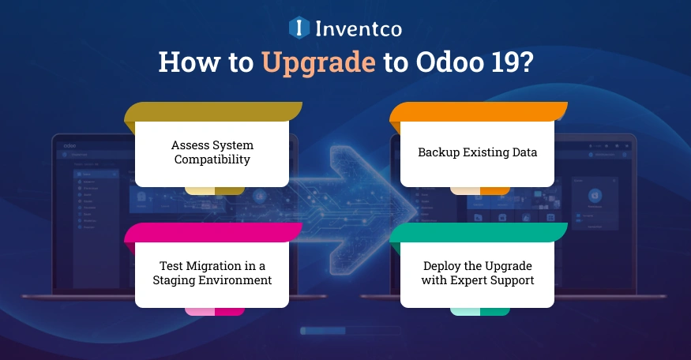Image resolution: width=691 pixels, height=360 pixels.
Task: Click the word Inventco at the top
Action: [359, 29]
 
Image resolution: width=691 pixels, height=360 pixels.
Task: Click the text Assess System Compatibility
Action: [212, 152]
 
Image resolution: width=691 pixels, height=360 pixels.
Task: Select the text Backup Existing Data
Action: [477, 152]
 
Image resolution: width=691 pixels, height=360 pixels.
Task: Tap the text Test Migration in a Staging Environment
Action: [212, 273]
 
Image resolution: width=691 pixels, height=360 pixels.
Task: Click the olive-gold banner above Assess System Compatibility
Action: [213, 111]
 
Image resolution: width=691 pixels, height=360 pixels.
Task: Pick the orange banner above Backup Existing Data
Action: [479, 111]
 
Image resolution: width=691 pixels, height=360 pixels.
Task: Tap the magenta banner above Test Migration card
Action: [213, 232]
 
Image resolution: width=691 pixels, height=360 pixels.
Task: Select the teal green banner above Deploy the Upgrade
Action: [479, 232]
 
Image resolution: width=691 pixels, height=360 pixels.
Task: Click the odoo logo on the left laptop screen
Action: [72, 145]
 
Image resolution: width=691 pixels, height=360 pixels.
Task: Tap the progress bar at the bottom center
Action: [346, 330]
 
